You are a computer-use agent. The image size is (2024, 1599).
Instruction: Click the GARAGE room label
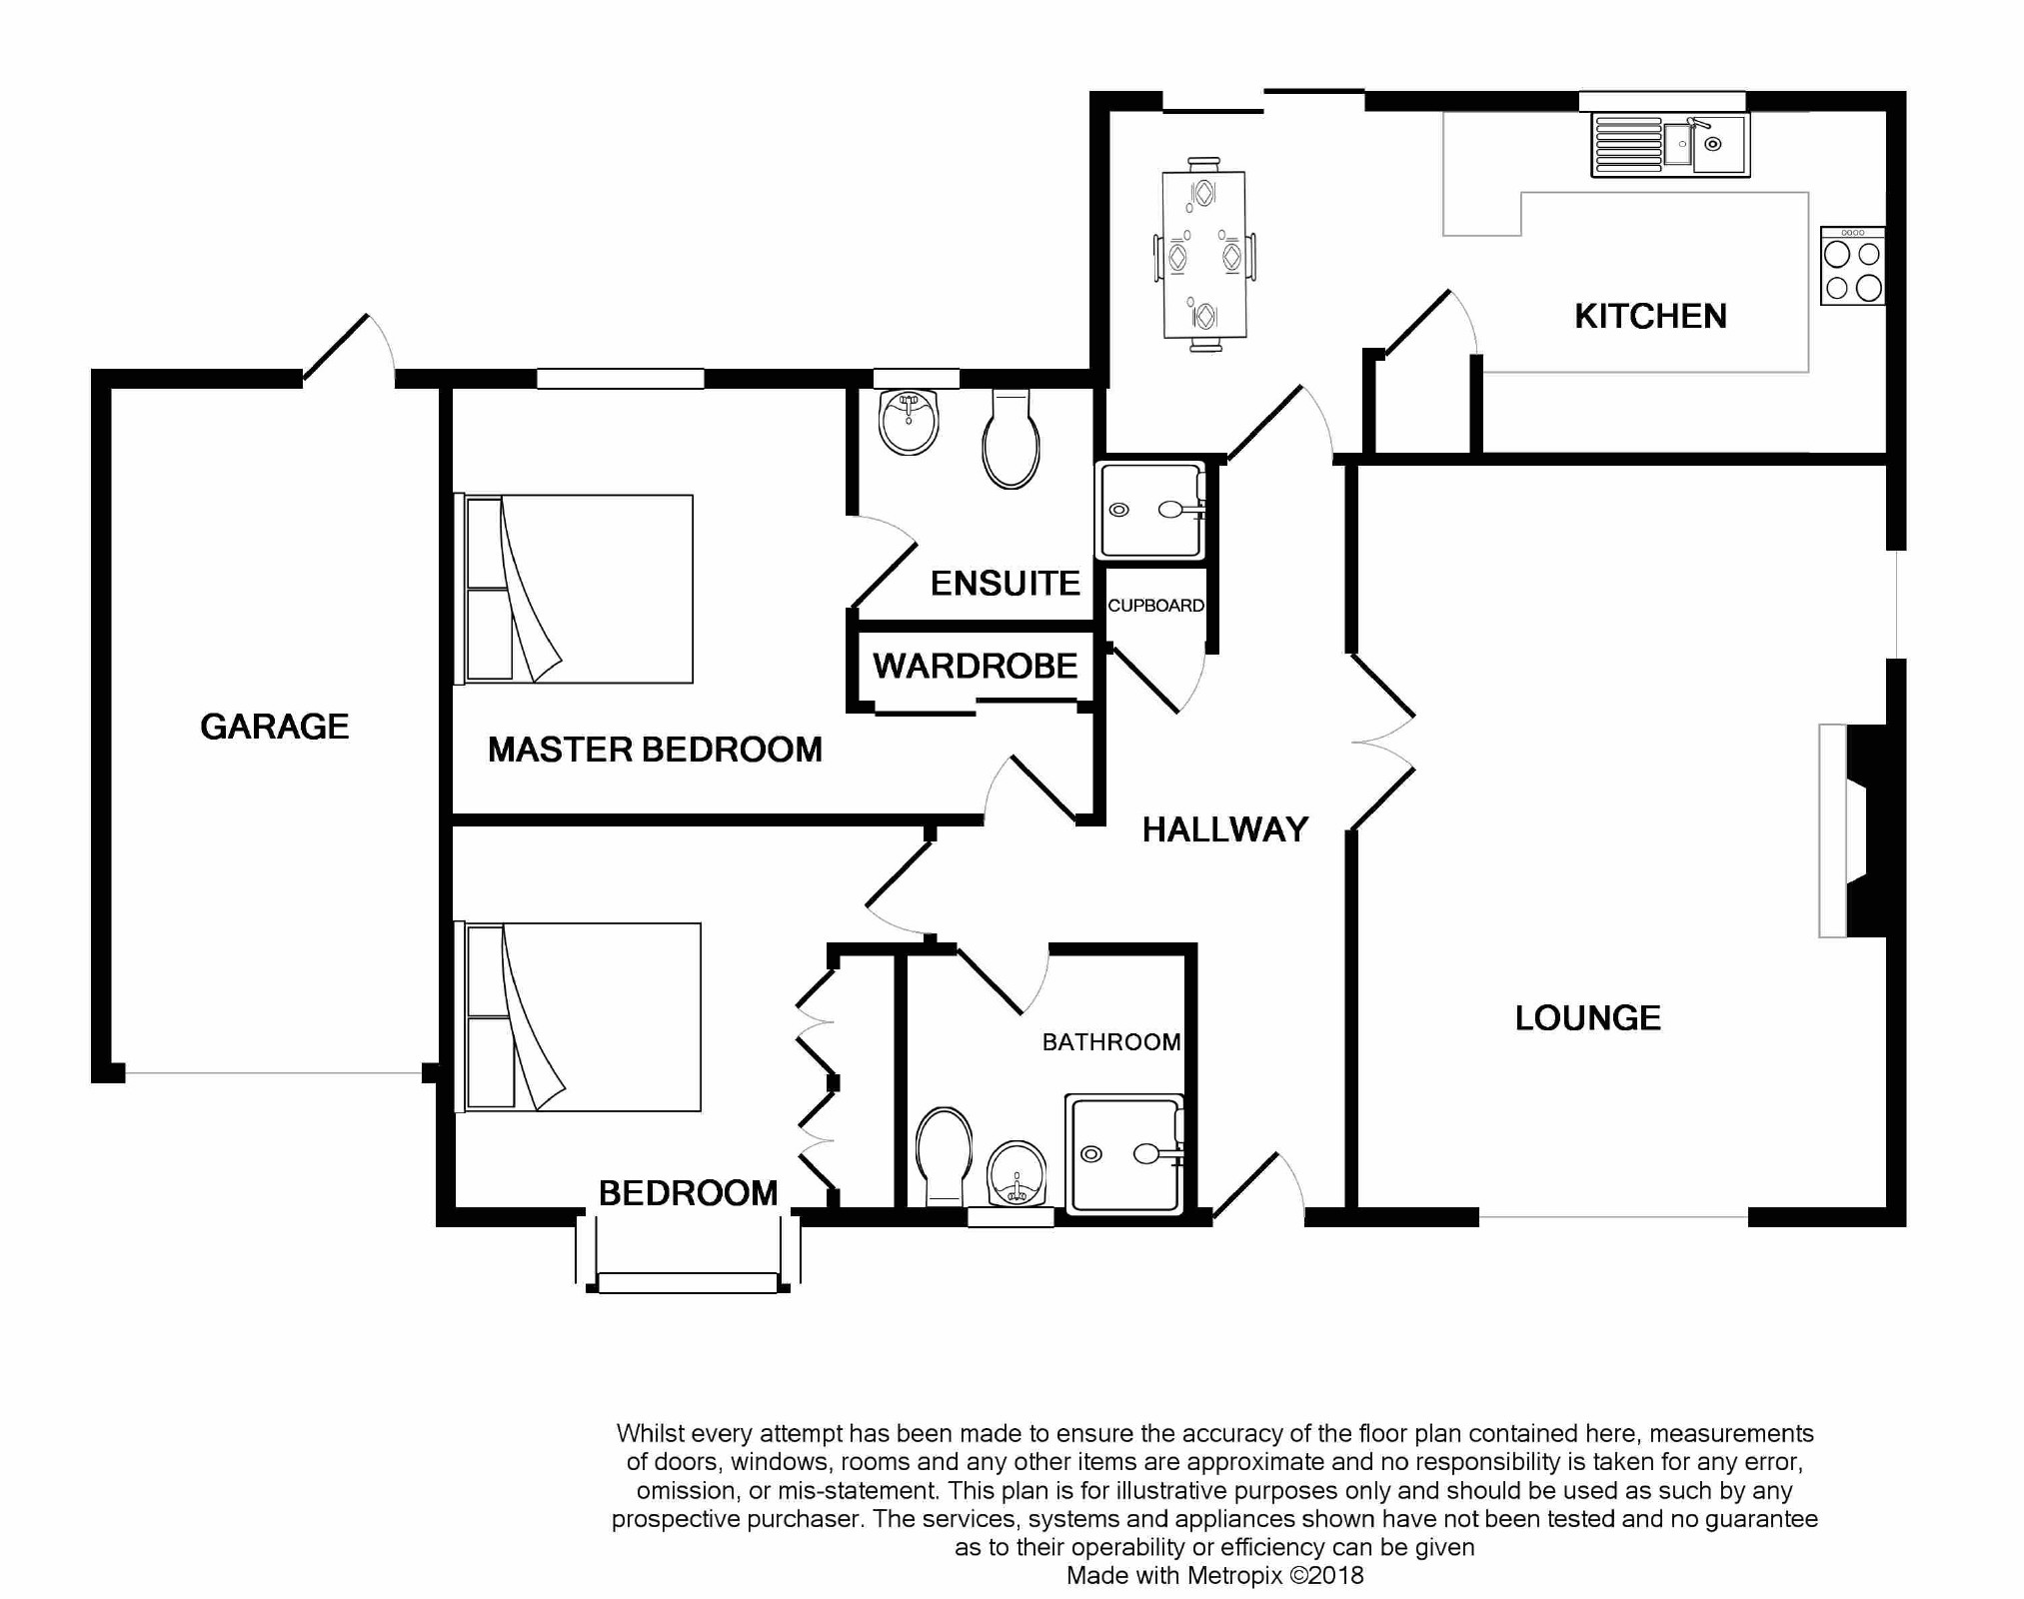click(x=275, y=727)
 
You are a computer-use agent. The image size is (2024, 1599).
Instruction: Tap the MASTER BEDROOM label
click(x=655, y=750)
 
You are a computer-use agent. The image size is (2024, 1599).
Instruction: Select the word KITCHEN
click(x=1650, y=316)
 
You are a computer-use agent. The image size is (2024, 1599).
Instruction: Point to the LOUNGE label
click(x=1587, y=1018)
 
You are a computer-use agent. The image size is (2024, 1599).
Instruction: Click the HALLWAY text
click(x=1225, y=829)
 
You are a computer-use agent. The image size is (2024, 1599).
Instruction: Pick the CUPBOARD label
click(x=1155, y=606)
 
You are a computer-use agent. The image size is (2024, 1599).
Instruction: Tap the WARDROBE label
click(x=976, y=667)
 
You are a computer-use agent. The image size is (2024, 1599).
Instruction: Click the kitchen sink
click(x=1670, y=146)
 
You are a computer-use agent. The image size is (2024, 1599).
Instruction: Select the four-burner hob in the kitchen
click(x=1852, y=266)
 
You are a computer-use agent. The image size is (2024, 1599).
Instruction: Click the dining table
click(x=1204, y=255)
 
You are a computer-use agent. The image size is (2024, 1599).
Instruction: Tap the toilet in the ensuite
click(x=1011, y=439)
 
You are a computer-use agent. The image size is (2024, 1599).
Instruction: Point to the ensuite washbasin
click(x=909, y=422)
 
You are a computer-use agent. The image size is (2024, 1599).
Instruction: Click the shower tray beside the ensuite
click(x=1151, y=511)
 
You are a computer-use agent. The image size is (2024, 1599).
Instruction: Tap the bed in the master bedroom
click(x=574, y=590)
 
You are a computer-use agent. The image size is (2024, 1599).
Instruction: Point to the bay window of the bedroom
click(x=688, y=1253)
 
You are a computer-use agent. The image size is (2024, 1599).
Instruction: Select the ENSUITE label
click(x=1006, y=584)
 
